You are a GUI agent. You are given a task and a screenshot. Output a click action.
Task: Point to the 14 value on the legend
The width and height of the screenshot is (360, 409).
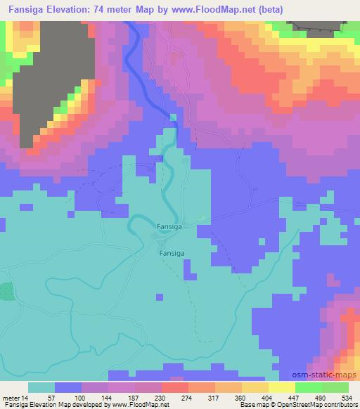tap(25, 398)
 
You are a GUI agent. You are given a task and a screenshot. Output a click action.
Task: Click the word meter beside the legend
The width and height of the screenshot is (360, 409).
tap(10, 398)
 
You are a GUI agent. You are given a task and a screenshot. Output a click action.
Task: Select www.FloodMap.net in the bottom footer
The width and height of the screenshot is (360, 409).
tap(141, 405)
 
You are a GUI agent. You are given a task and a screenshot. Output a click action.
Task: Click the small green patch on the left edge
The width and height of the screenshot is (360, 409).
tap(6, 291)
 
